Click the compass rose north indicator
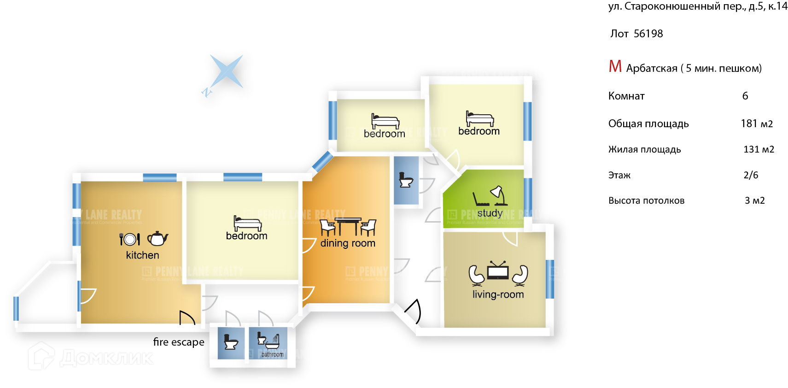coord(207,92)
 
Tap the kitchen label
coord(142,255)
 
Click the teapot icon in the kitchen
coord(158,238)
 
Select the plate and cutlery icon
coord(129,239)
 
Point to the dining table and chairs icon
coord(348,227)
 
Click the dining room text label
coord(348,243)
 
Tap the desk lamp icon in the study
coord(498,195)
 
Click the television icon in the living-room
coord(498,271)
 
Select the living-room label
coord(498,294)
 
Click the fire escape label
coord(179,342)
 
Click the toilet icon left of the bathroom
coord(230,342)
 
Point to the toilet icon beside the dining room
coord(406,179)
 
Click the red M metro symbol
coord(615,67)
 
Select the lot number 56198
coord(648,34)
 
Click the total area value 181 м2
coord(757,123)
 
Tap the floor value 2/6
coord(751,175)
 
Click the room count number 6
coord(745,96)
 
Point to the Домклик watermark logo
coord(91,357)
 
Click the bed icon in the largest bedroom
coord(247,223)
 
